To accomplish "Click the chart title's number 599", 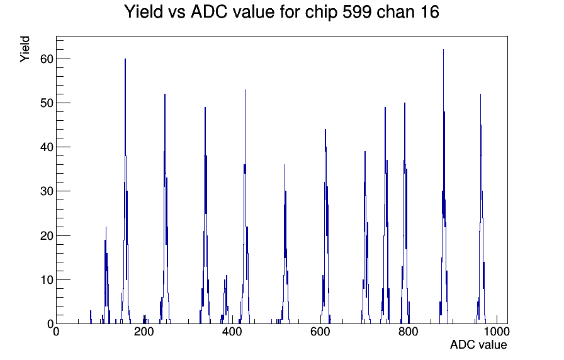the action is (356, 12).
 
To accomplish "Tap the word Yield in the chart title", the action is (144, 12).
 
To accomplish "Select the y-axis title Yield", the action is (25, 49).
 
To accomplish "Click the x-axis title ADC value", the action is (478, 344).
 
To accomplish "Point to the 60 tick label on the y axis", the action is (47, 59).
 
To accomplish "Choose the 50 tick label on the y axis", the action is (47, 103).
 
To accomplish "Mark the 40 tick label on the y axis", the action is (47, 147).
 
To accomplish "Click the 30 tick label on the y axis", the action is (47, 191).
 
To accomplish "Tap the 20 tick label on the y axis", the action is (47, 235).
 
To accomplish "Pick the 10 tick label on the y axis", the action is (47, 280).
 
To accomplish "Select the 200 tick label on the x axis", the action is (144, 331).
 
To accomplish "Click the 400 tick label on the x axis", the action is (232, 331).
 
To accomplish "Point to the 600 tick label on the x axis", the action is (320, 331).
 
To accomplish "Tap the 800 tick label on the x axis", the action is (409, 331).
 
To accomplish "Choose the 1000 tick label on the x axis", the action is (497, 331).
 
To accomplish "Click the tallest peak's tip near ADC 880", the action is (443, 50).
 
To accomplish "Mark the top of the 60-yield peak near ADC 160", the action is (125, 59).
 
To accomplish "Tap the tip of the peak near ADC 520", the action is (285, 165).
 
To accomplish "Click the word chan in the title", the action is (393, 12).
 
